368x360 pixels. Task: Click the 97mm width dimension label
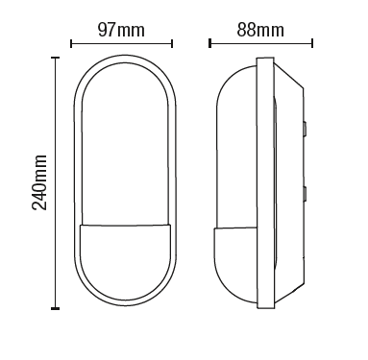[x=123, y=30]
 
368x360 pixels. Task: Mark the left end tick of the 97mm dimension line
[x=74, y=43]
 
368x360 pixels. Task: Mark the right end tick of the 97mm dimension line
[x=172, y=43]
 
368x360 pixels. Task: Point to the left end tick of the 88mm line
[x=211, y=43]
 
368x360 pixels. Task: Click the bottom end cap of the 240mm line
[x=55, y=309]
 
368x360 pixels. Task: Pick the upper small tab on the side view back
[x=307, y=125]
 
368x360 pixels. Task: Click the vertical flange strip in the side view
[x=259, y=182]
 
